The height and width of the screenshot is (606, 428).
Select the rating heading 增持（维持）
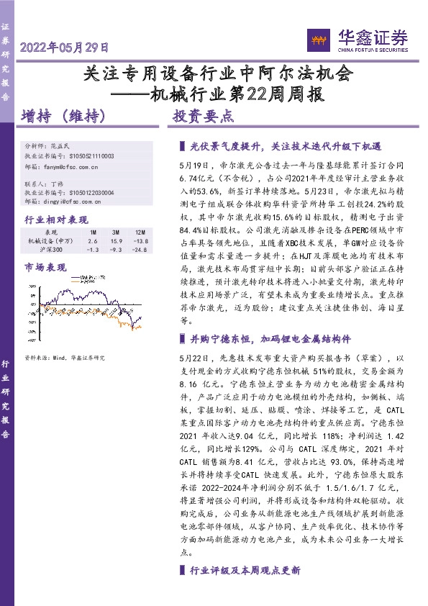64,116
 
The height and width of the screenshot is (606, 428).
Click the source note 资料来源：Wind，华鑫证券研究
64,358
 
